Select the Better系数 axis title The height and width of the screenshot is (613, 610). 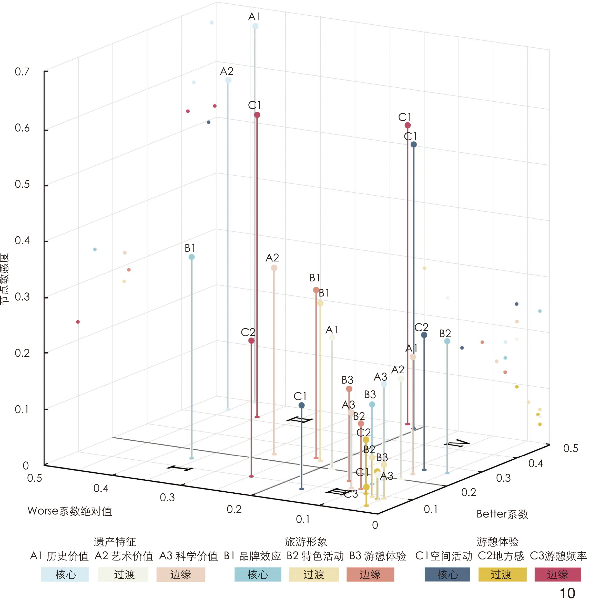502,514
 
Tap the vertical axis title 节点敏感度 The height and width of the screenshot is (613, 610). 4,279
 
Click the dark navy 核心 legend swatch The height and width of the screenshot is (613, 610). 447,574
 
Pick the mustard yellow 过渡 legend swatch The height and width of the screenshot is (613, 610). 502,574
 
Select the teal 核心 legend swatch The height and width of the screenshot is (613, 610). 258,574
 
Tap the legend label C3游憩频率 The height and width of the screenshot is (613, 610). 558,556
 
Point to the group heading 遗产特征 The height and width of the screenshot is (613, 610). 115,542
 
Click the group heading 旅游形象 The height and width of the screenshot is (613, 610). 306,542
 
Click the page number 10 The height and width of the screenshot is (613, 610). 567,593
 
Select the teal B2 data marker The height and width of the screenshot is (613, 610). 447,341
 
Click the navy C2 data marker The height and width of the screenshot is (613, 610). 424,335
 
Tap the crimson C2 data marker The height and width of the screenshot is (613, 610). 251,341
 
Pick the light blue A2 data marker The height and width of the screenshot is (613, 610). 228,80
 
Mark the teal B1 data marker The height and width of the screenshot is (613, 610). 191,257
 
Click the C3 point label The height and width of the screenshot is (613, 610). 351,494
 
